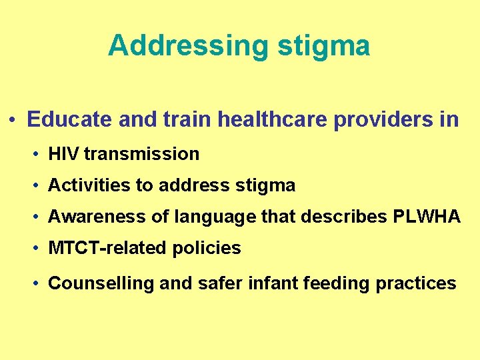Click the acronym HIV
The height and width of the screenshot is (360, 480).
click(64, 154)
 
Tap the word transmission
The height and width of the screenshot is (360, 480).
click(142, 154)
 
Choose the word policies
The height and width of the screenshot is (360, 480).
click(207, 248)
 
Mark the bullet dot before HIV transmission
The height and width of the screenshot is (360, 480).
click(36, 155)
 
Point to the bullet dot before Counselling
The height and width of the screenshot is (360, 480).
click(36, 284)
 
